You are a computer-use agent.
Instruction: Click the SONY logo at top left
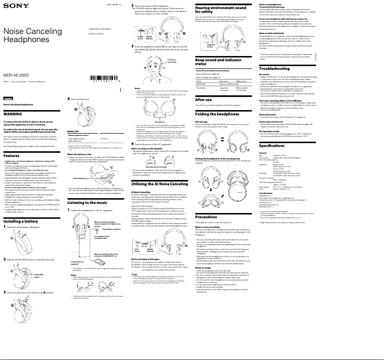tap(13, 7)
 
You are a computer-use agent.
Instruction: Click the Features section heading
tap(11, 156)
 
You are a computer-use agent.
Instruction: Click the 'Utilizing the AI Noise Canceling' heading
tap(159, 170)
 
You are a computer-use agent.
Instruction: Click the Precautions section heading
tap(206, 217)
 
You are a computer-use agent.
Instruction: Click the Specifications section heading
tap(271, 145)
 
